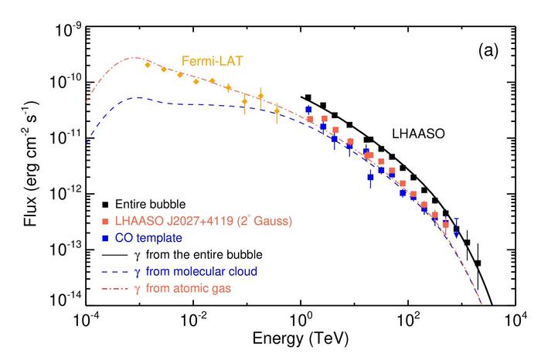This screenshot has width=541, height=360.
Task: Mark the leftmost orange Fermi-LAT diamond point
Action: point(148,65)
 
